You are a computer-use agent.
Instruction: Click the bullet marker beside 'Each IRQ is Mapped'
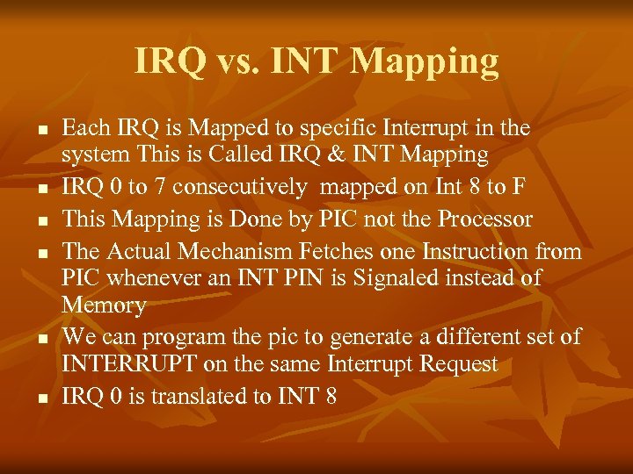41,130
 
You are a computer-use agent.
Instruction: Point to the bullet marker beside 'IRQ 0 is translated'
41,399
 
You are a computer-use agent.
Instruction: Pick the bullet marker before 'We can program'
41,339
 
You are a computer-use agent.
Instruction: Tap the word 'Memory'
103,305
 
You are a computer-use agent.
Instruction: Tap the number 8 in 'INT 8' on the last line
330,397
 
